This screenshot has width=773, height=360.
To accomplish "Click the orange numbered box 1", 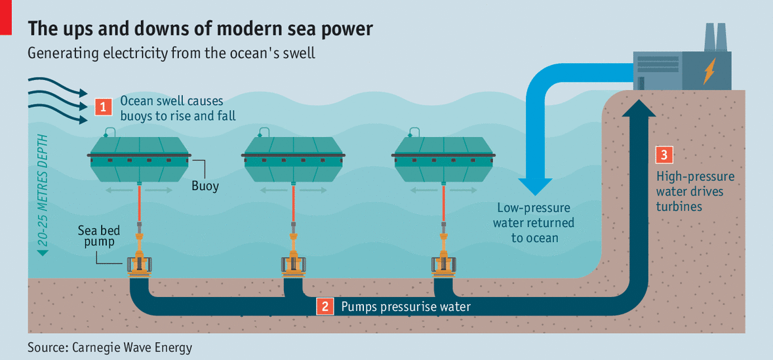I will point(102,106).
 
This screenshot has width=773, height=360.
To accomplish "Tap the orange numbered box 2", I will point(325,306).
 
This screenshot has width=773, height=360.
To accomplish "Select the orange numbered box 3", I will point(664,155).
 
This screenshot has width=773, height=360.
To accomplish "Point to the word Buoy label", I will point(205,186).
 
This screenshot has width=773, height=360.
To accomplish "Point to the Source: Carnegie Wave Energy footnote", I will point(109,347).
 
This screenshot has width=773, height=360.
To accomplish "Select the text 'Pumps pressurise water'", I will point(405,307).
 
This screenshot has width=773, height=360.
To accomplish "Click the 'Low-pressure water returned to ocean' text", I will point(535,222).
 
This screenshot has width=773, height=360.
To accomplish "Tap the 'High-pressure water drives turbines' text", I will point(695,191).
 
